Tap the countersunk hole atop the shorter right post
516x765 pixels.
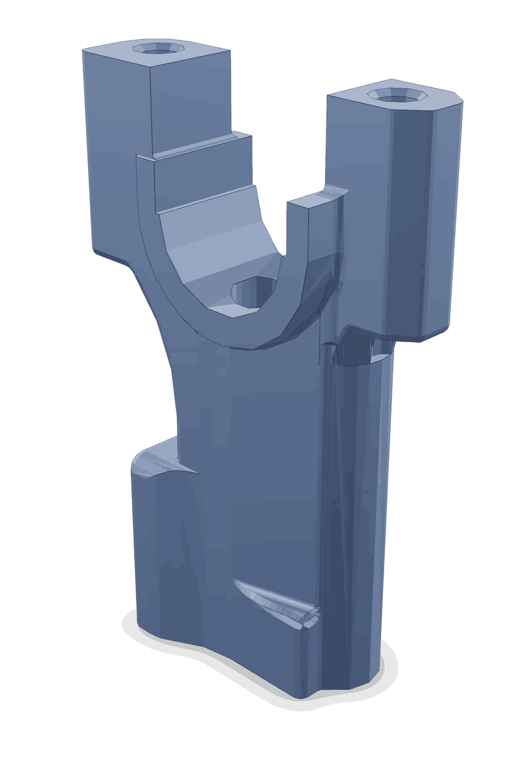pos(397,95)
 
